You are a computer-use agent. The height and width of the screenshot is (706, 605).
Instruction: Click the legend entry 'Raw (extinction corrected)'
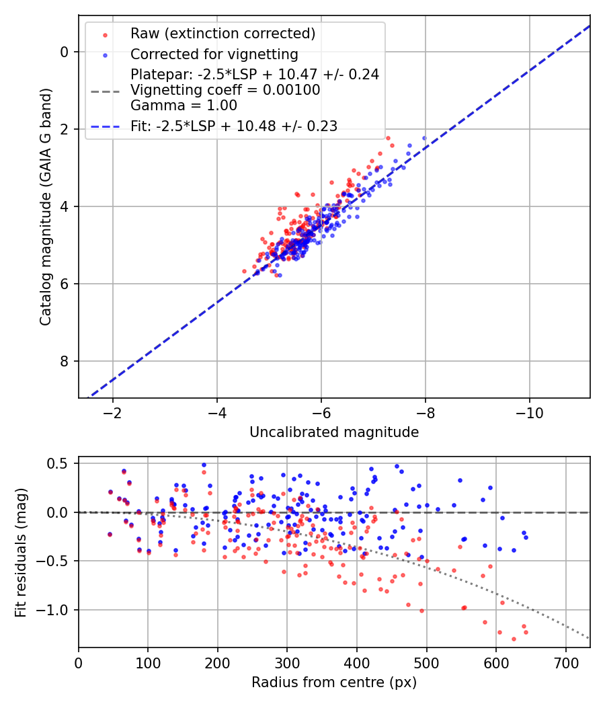(x=223, y=34)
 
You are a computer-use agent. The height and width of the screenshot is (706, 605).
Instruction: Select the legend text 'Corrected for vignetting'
(x=214, y=54)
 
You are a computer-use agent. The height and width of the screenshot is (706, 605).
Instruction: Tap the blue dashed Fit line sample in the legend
(x=106, y=126)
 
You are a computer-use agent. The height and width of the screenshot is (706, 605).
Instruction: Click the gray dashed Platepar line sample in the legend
(x=106, y=90)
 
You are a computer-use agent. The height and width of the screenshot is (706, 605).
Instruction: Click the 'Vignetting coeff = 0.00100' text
(x=225, y=90)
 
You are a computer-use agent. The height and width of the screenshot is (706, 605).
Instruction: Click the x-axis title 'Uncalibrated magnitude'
(x=334, y=432)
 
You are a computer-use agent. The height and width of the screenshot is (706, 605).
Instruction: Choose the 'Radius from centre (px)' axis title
(x=334, y=682)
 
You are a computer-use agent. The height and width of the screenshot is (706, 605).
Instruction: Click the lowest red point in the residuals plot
(x=514, y=639)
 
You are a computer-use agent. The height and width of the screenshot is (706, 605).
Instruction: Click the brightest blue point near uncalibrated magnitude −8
(x=424, y=138)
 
